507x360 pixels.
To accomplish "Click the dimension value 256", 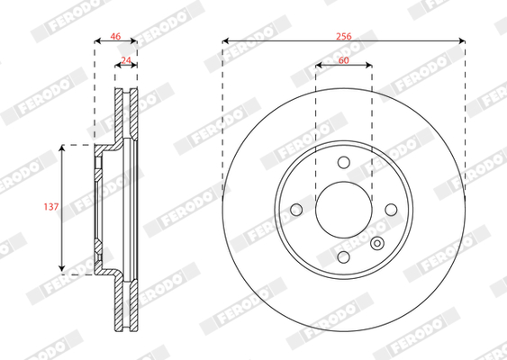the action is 343,36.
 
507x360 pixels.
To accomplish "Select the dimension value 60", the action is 344,60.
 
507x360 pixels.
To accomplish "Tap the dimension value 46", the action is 115,36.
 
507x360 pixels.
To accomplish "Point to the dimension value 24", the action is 126,60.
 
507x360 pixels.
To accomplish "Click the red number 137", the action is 51,206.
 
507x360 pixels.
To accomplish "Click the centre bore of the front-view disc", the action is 344,210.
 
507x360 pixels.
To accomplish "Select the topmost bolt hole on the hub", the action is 344,162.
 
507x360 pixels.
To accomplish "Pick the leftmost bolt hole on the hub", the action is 296,210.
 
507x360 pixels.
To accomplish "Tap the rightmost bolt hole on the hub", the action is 391,210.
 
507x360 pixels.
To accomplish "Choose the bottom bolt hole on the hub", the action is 343,257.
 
